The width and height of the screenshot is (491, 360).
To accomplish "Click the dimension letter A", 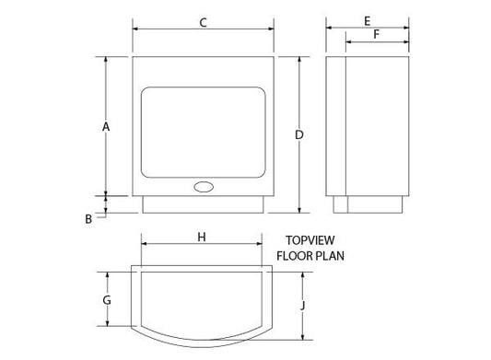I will [x=107, y=126].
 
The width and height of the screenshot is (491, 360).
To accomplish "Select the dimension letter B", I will [x=88, y=218].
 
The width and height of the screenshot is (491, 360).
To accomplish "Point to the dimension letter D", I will [x=299, y=135].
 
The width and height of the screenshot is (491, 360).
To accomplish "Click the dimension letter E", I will [x=367, y=19].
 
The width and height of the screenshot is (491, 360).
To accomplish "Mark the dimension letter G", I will [x=107, y=300].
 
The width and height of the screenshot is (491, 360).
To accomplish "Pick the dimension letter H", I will [x=202, y=237].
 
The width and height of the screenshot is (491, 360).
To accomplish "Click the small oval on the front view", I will [x=204, y=187].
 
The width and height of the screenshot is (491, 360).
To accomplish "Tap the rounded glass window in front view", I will [x=204, y=132].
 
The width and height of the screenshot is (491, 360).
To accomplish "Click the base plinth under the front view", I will [x=204, y=204].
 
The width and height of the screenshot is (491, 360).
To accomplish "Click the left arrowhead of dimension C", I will [x=135, y=29].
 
